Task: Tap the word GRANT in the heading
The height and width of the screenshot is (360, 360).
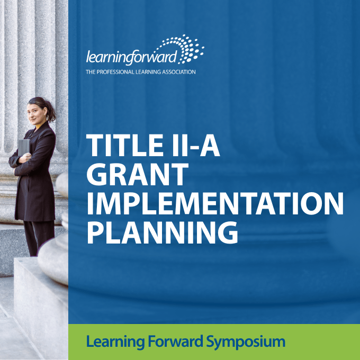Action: click(x=138, y=174)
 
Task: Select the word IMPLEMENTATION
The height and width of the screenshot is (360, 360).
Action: click(x=215, y=203)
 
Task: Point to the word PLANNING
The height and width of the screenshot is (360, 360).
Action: click(x=162, y=232)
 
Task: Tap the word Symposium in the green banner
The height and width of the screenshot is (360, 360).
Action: click(x=246, y=342)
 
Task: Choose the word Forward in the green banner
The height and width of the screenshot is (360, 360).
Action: click(x=175, y=341)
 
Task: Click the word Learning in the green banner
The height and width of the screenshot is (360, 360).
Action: click(x=115, y=342)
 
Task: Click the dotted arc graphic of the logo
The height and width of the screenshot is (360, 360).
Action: click(x=182, y=49)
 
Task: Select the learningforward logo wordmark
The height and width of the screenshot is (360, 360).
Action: click(x=132, y=57)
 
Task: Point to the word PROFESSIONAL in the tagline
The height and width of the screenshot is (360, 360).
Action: click(x=115, y=72)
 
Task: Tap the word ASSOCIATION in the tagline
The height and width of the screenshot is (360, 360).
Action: click(x=178, y=72)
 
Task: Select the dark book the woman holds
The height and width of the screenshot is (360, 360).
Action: click(x=24, y=148)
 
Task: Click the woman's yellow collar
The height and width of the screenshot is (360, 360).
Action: click(x=38, y=126)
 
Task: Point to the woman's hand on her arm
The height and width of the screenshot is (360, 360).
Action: click(x=25, y=158)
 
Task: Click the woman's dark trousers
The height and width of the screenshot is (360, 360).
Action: click(x=39, y=238)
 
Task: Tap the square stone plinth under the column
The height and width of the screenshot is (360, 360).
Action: click(x=41, y=308)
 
